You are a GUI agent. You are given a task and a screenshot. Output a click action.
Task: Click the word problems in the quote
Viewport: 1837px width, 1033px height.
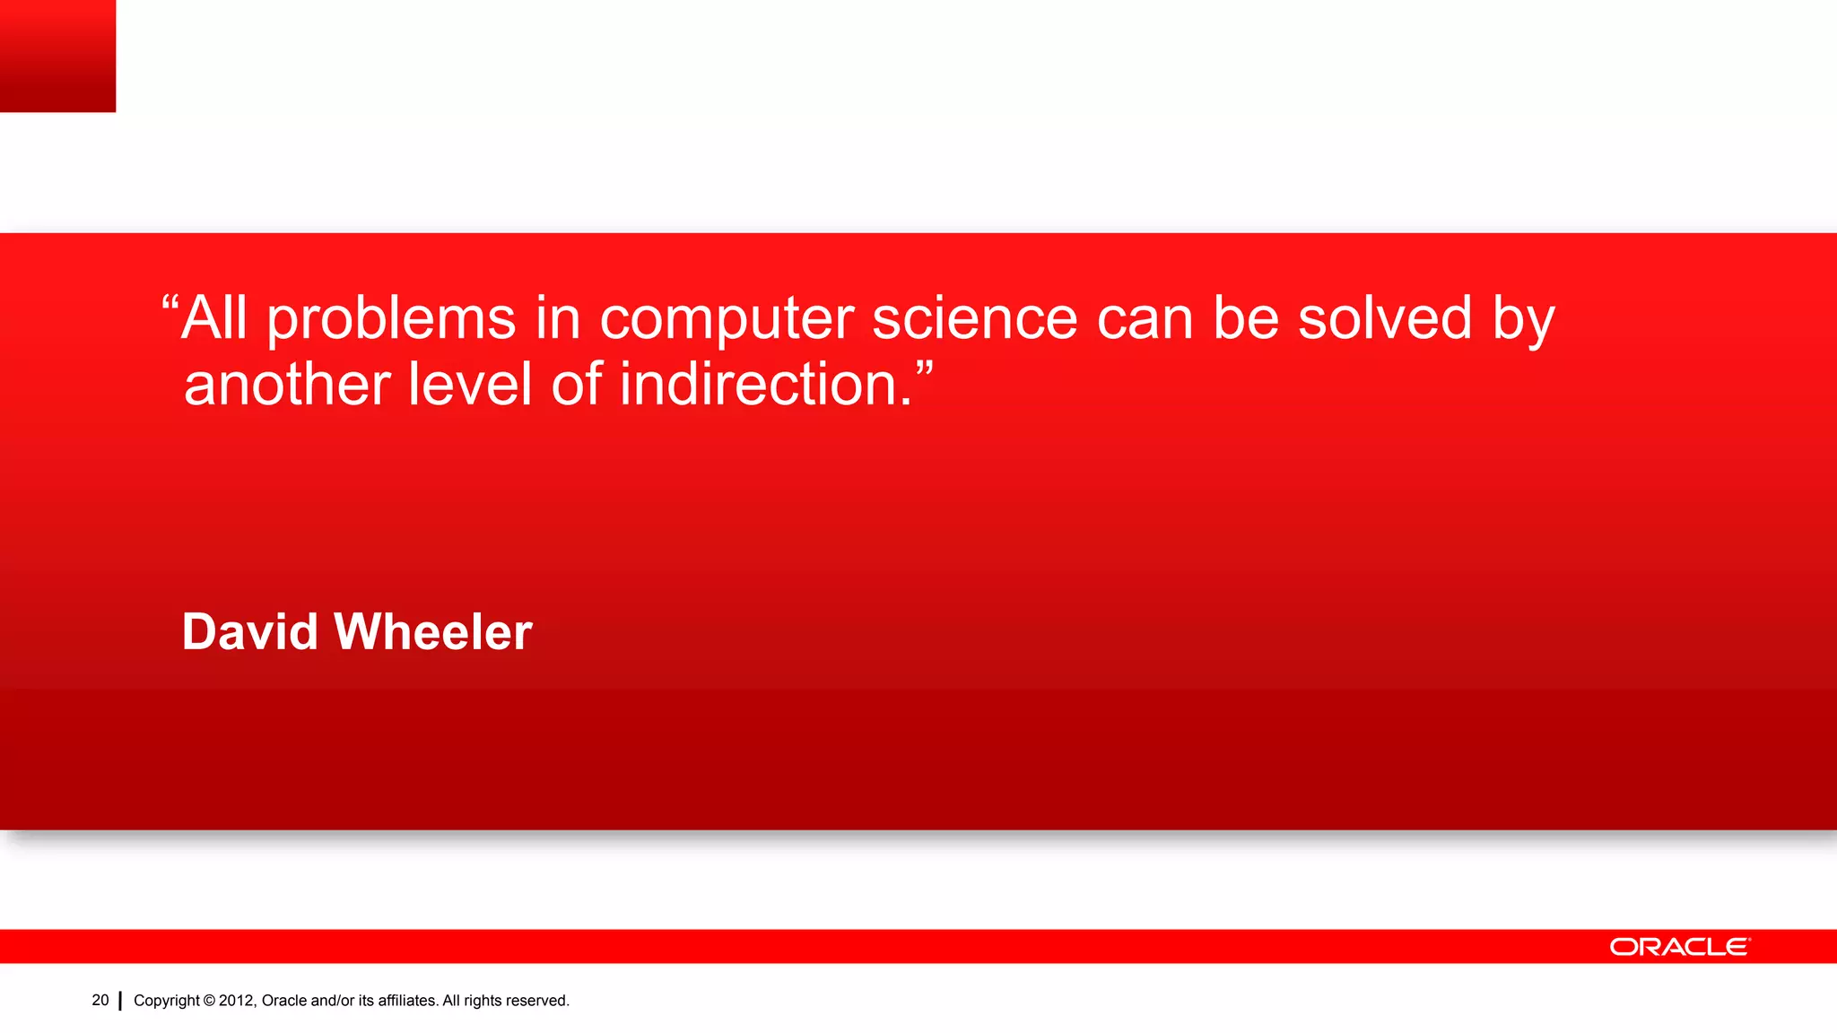pyautogui.click(x=391, y=320)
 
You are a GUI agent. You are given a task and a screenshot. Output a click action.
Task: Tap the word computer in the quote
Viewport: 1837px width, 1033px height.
pyautogui.click(x=727, y=320)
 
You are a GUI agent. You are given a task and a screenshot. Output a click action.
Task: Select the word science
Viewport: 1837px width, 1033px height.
pyautogui.click(x=974, y=318)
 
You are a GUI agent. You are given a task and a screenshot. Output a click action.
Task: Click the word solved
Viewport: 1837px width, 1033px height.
pyautogui.click(x=1385, y=318)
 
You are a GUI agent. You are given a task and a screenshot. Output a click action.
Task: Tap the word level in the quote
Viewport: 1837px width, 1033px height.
pyautogui.click(x=470, y=385)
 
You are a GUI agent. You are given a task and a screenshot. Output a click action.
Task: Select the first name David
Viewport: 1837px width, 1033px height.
pyautogui.click(x=249, y=631)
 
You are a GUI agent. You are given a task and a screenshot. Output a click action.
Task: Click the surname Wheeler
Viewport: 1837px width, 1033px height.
pyautogui.click(x=433, y=631)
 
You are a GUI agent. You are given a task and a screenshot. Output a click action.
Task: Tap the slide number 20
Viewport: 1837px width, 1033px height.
pyautogui.click(x=100, y=1000)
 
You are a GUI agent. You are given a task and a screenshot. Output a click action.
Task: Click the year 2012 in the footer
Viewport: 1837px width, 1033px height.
pyautogui.click(x=237, y=1001)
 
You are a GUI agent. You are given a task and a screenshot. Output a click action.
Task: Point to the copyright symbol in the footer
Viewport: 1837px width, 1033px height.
pyautogui.click(x=209, y=1001)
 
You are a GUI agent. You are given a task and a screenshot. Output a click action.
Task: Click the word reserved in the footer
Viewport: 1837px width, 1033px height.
pyautogui.click(x=537, y=1001)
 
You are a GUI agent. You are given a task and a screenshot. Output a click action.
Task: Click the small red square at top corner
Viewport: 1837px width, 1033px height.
pyautogui.click(x=57, y=56)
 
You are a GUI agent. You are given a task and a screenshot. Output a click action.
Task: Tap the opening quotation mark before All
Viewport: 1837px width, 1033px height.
pyautogui.click(x=170, y=302)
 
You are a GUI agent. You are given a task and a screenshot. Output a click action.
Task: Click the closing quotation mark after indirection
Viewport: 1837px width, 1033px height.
pyautogui.click(x=925, y=368)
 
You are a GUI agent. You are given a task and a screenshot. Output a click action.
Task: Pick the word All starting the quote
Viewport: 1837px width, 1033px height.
pyautogui.click(x=213, y=318)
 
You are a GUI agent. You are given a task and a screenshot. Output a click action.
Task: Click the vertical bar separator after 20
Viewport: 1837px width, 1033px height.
pyautogui.click(x=120, y=1001)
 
